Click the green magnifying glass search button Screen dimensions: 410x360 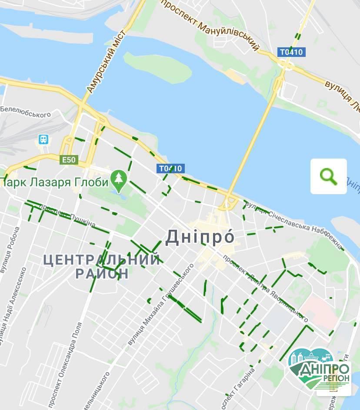(x=328, y=176)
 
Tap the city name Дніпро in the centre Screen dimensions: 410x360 (x=200, y=237)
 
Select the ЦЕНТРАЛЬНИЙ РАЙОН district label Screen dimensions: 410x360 (x=102, y=267)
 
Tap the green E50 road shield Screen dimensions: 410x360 (x=69, y=160)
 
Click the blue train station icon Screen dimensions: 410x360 (x=43, y=139)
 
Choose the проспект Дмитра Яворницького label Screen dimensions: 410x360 (x=266, y=287)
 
